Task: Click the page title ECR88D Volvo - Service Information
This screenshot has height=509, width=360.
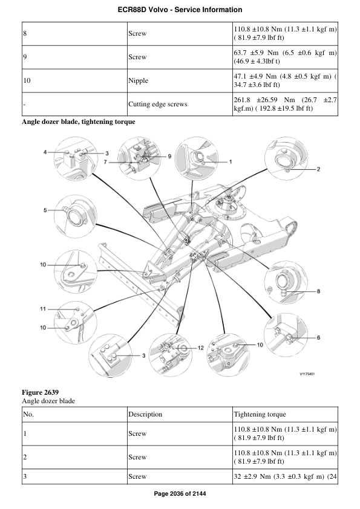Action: (x=180, y=10)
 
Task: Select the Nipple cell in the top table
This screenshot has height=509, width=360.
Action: (x=138, y=80)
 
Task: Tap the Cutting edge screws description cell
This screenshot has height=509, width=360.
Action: (x=157, y=104)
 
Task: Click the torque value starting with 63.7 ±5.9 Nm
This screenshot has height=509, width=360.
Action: (x=284, y=57)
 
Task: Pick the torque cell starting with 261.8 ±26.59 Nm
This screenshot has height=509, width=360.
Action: (x=284, y=104)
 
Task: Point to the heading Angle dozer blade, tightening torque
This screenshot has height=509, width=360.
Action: (x=78, y=122)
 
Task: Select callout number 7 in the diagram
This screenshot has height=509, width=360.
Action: (x=105, y=163)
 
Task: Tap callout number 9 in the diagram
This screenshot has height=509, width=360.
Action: (x=170, y=157)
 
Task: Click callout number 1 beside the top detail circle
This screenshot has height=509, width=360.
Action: (x=231, y=162)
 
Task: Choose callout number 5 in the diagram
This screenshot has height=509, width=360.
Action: (x=45, y=210)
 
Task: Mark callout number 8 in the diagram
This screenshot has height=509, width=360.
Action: (x=318, y=292)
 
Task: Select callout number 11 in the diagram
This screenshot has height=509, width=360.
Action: (x=43, y=309)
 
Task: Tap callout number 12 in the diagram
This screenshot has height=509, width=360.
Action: (x=201, y=348)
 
